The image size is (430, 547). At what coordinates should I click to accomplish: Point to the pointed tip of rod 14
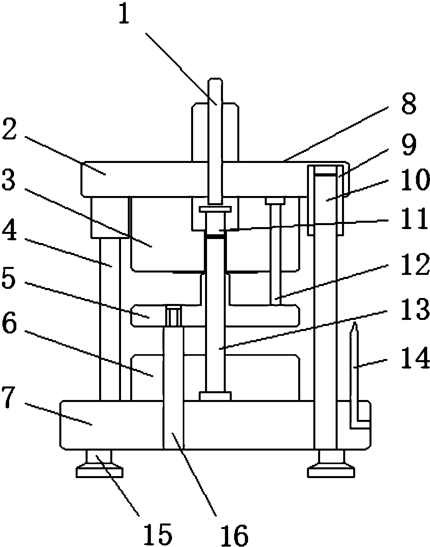click(x=354, y=325)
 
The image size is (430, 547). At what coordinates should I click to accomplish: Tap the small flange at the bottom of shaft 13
click(x=215, y=396)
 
